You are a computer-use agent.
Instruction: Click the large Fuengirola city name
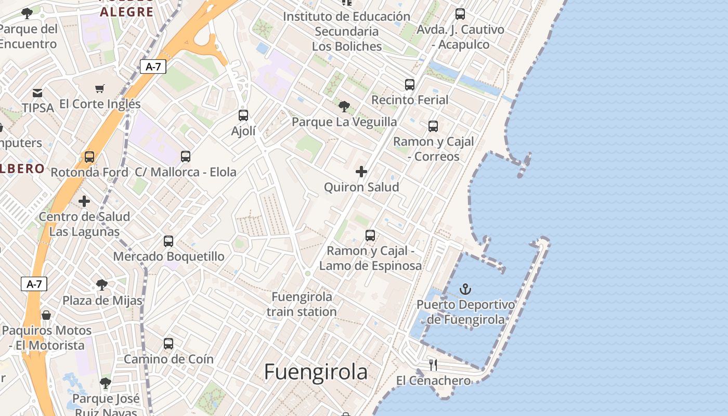click(x=316, y=372)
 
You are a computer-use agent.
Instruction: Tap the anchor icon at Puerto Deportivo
click(x=465, y=289)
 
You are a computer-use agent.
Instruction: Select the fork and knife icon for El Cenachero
click(x=433, y=365)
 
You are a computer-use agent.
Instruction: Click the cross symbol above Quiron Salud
click(x=361, y=172)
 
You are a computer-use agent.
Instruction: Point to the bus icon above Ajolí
click(x=243, y=115)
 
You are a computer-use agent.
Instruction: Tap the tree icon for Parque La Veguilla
click(x=344, y=107)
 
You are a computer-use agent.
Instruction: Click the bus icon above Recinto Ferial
click(x=410, y=84)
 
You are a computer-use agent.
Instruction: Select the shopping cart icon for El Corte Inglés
click(x=100, y=88)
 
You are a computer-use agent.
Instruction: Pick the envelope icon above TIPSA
click(x=37, y=93)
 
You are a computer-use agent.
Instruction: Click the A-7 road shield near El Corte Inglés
click(x=153, y=67)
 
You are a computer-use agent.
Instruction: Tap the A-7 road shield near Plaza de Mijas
click(x=34, y=284)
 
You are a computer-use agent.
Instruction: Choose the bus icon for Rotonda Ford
click(x=89, y=157)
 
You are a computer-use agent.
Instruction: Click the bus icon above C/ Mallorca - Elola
click(x=186, y=156)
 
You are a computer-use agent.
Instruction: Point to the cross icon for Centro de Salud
click(x=84, y=201)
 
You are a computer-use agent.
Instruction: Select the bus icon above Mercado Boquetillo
click(x=168, y=241)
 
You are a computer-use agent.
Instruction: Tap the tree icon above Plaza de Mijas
click(x=102, y=285)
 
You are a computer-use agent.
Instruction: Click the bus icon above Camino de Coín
click(x=168, y=343)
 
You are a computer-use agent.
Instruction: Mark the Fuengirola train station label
click(x=302, y=304)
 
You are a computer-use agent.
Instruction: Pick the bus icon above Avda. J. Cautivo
click(x=460, y=14)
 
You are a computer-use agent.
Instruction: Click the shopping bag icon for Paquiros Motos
click(x=46, y=315)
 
